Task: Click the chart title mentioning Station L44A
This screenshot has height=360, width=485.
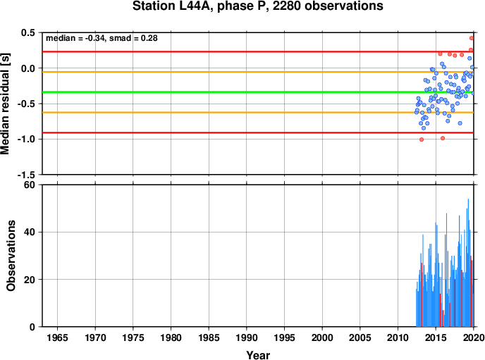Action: pyautogui.click(x=258, y=6)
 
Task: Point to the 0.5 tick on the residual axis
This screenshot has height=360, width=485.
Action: pyautogui.click(x=27, y=32)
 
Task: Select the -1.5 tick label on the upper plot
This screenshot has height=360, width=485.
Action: pyautogui.click(x=26, y=175)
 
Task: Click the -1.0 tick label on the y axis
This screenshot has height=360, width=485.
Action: pyautogui.click(x=26, y=139)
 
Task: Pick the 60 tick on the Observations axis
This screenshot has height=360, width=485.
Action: pyautogui.click(x=30, y=185)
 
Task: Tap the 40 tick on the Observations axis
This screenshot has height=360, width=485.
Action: pyautogui.click(x=30, y=232)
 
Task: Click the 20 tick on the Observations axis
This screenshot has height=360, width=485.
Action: pyautogui.click(x=30, y=280)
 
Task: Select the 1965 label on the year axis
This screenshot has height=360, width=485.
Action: pyautogui.click(x=57, y=337)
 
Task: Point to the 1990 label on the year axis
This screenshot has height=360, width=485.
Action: pyautogui.click(x=247, y=337)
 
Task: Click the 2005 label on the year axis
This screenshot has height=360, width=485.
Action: pyautogui.click(x=360, y=337)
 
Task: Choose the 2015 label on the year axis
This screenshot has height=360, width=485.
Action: pyautogui.click(x=436, y=337)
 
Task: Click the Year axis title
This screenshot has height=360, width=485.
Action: pyautogui.click(x=258, y=355)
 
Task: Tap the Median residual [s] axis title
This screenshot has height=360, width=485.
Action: pyautogui.click(x=5, y=104)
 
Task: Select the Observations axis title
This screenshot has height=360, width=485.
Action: pyautogui.click(x=11, y=256)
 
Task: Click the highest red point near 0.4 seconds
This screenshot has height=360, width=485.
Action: pyautogui.click(x=472, y=38)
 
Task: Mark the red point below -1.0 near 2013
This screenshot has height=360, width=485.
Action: pyautogui.click(x=422, y=139)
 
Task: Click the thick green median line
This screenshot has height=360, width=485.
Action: pyautogui.click(x=258, y=92)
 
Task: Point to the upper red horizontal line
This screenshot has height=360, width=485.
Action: pyautogui.click(x=258, y=51)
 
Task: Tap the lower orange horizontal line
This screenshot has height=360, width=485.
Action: pyautogui.click(x=258, y=113)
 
